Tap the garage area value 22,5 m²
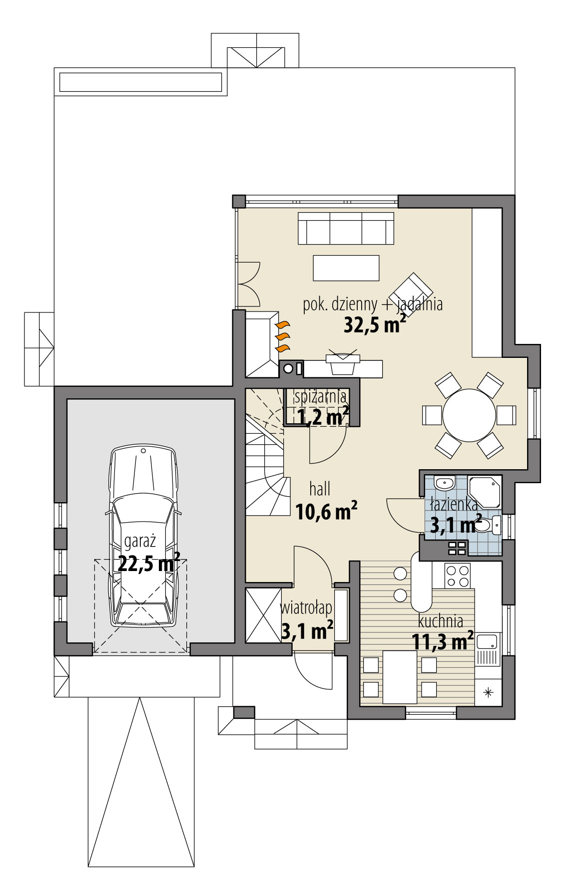tap(149, 564)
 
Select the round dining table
tap(469, 415)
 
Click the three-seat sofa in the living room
tap(345, 228)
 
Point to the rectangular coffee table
tap(346, 268)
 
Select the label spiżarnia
tap(320, 397)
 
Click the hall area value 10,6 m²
tap(326, 511)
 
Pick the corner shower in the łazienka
tap(484, 491)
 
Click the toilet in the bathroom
tap(488, 525)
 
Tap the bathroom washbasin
tap(444, 483)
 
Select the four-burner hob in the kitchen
tap(458, 576)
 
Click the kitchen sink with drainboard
tap(487, 649)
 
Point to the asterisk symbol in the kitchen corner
tap(488, 692)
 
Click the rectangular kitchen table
tap(400, 676)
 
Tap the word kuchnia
tap(440, 621)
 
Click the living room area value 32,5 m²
tap(374, 325)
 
